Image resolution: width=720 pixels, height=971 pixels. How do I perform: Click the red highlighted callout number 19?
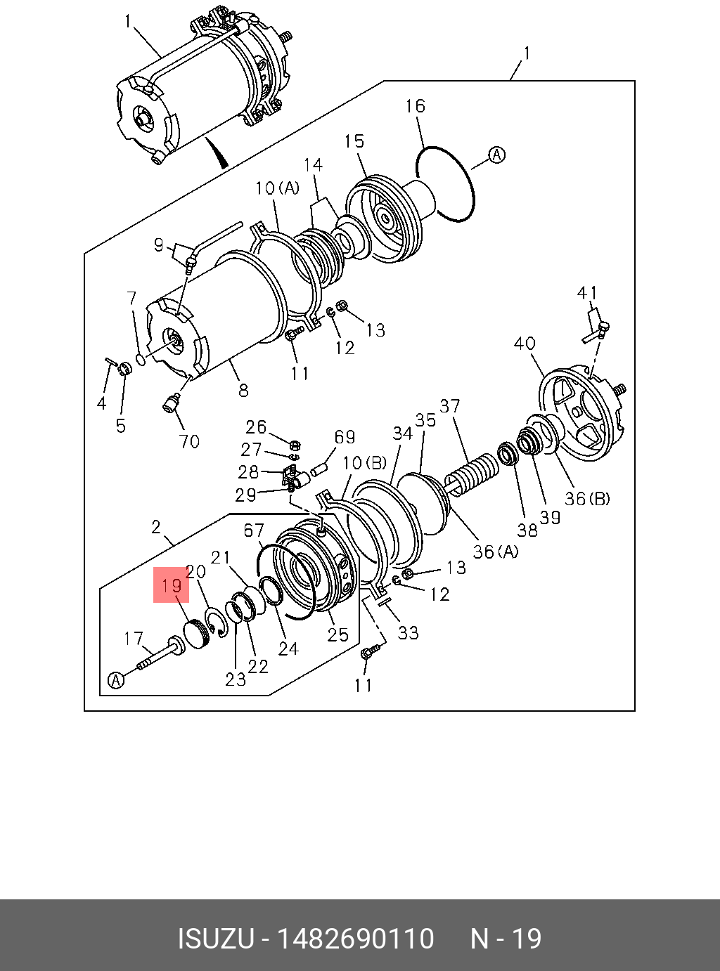pos(172,585)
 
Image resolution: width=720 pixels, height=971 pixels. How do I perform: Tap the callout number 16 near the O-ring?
pos(416,106)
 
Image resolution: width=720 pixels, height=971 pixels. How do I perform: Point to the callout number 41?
pos(587,293)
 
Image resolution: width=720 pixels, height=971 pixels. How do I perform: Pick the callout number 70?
pos(188,441)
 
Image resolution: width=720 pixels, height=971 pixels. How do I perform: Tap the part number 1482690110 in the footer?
pos(356,939)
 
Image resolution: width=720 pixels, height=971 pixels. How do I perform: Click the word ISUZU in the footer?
pos(214,939)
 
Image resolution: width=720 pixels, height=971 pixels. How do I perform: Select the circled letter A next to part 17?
pos(116,680)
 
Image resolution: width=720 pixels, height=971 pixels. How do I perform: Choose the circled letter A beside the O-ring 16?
pos(497,155)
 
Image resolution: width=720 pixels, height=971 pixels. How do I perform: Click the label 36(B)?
pos(587,499)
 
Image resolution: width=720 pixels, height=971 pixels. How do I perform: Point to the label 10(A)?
pos(277,188)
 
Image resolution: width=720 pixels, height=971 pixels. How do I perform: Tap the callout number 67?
pos(254,530)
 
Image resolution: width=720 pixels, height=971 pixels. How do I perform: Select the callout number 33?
pos(409,633)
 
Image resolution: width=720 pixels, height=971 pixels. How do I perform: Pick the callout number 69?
pos(345,437)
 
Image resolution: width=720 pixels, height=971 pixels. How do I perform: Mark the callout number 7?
pos(131,299)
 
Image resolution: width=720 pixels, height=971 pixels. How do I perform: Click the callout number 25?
pos(338,634)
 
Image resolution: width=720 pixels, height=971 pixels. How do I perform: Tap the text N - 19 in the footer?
pos(506,939)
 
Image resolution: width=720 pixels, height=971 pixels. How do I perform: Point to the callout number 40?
pos(525,344)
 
